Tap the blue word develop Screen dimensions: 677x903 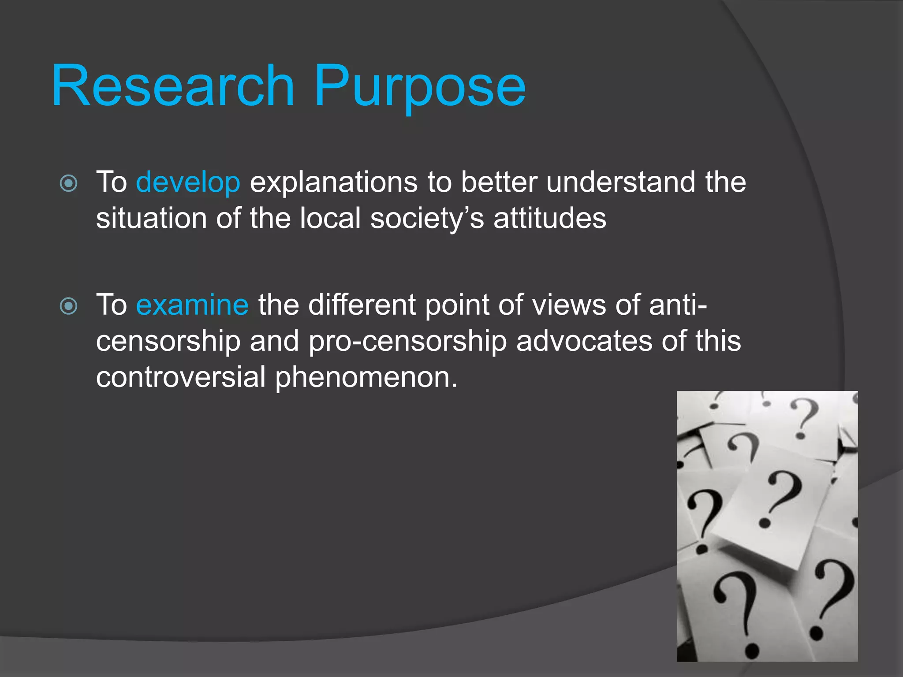point(188,182)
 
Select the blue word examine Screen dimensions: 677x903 point(192,305)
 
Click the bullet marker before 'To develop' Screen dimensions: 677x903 point(69,183)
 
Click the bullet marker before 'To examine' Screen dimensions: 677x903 point(69,306)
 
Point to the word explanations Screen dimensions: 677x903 point(333,182)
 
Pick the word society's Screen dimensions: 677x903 point(427,219)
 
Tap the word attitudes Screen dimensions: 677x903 point(549,219)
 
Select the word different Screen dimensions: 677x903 point(362,305)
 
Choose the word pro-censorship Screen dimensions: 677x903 point(407,342)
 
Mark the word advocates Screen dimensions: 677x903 point(584,342)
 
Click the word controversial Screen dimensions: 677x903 point(181,378)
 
